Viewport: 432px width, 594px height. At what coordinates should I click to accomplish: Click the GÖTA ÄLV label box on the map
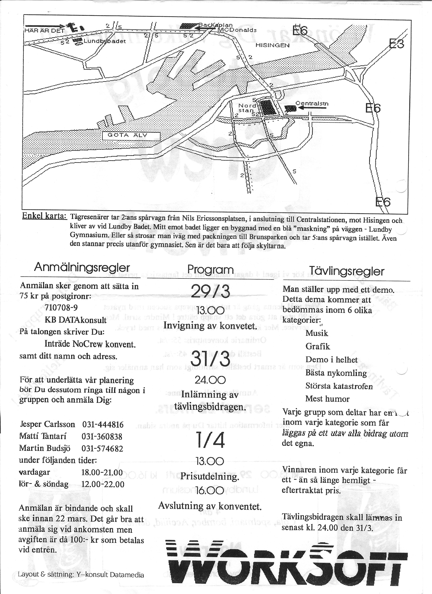tap(130, 136)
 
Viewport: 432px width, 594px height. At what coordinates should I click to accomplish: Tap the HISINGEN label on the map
tap(273, 45)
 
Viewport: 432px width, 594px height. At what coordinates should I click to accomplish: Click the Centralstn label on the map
tap(312, 104)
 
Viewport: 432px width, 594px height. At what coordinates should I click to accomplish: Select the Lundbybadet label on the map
tap(105, 41)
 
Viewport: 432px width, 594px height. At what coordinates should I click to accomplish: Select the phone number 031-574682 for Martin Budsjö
tap(102, 449)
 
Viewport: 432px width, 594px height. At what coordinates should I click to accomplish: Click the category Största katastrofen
tap(339, 386)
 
